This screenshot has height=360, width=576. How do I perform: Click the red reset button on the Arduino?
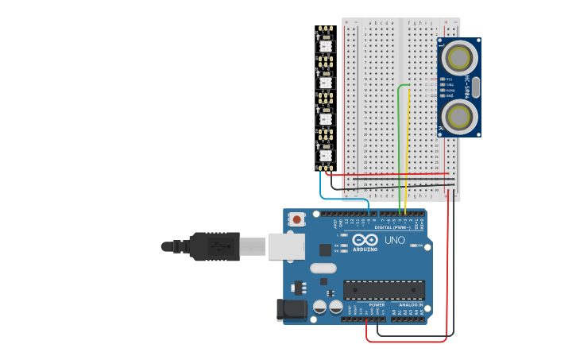tap(296, 219)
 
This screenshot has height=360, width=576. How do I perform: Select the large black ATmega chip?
tap(384, 289)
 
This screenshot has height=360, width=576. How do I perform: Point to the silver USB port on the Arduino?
tap(286, 246)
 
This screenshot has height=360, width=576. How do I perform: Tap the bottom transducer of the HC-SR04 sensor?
tap(459, 117)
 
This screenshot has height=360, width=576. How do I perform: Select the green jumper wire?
tap(399, 143)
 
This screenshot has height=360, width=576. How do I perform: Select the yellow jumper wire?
tap(408, 151)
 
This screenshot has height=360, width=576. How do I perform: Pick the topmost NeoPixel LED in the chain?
tap(325, 46)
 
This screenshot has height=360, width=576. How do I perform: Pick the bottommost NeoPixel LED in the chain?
tap(325, 155)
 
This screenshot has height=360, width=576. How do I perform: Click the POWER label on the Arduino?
tap(377, 304)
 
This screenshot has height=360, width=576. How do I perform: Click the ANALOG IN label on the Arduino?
tap(411, 304)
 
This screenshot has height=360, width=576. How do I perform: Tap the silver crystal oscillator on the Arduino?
tap(323, 268)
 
